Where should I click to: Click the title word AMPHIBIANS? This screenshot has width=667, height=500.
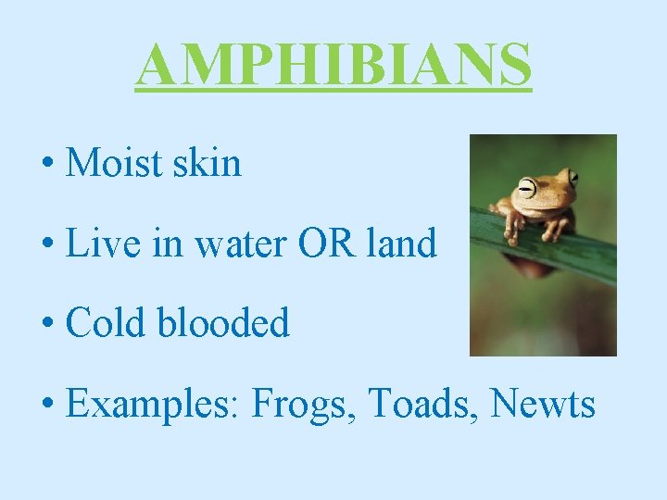333,64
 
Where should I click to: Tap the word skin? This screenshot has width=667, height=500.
210,163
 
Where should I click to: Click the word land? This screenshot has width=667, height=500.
400,244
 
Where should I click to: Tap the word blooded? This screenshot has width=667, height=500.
225,323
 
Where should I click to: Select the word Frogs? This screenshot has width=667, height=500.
304,404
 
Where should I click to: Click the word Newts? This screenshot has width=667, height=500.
543,404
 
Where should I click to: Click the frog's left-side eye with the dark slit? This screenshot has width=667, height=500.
527,188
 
